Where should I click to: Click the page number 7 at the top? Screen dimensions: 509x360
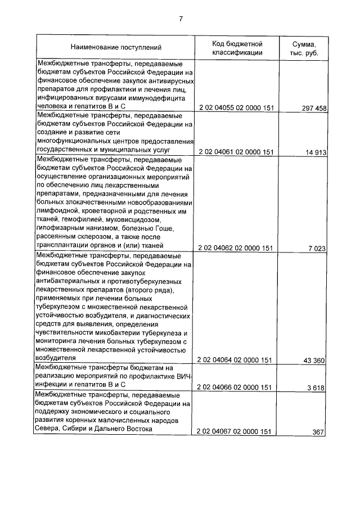coord(181,19)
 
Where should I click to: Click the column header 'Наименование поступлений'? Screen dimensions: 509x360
coord(115,48)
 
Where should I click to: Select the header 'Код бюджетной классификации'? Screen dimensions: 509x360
coord(237,48)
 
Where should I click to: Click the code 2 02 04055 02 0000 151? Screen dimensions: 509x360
coord(236,107)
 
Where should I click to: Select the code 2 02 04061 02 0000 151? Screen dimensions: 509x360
coord(236,152)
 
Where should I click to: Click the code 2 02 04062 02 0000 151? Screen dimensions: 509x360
coord(236,247)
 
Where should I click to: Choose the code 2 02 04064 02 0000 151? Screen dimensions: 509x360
coord(236,360)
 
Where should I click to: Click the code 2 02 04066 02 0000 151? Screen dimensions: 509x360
coord(236,387)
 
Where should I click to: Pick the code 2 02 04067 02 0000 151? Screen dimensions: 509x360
coord(236,431)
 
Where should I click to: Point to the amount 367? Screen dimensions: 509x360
coord(319,431)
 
